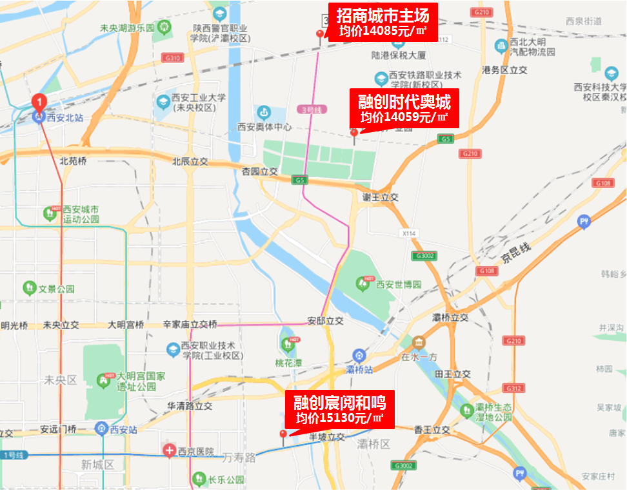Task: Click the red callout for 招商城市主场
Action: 383,21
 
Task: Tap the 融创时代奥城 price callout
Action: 404,108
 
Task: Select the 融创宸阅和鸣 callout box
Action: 339,409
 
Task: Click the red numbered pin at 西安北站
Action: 39,102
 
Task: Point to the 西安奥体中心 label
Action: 264,127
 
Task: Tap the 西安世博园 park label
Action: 398,284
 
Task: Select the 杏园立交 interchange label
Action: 259,171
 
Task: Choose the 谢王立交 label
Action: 380,197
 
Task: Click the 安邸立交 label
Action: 325,320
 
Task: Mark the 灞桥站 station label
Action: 360,369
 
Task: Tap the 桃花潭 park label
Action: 289,362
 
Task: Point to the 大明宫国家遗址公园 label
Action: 136,380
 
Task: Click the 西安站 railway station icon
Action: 101,428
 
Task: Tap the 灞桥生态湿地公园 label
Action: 493,412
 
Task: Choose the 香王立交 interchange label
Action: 432,429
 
